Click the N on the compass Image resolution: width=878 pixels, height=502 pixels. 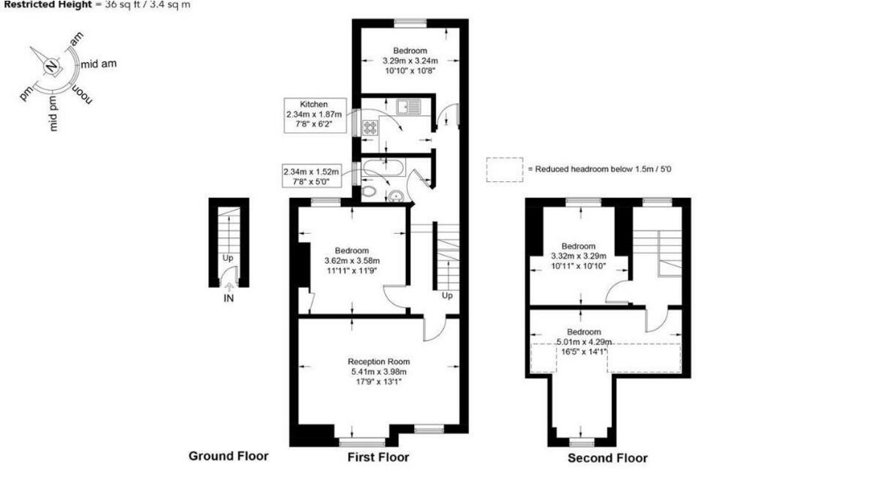pos(50,66)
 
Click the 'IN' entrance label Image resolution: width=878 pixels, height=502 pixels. pos(228,298)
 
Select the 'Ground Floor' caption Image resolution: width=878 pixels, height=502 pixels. pos(228,456)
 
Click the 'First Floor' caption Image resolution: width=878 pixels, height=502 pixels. pos(378,457)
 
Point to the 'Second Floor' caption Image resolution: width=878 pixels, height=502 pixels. pos(607,458)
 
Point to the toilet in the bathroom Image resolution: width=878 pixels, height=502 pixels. pos(370,192)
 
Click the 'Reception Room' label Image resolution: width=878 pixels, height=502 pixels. pos(378,362)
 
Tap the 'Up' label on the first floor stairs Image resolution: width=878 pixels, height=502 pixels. pos(446,296)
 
